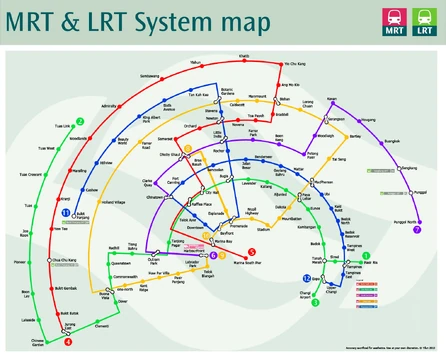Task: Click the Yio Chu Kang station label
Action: click(293, 64)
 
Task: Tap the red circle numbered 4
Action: click(68, 341)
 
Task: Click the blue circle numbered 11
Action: click(65, 213)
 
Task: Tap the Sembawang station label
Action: click(149, 76)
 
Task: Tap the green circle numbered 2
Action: click(79, 121)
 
